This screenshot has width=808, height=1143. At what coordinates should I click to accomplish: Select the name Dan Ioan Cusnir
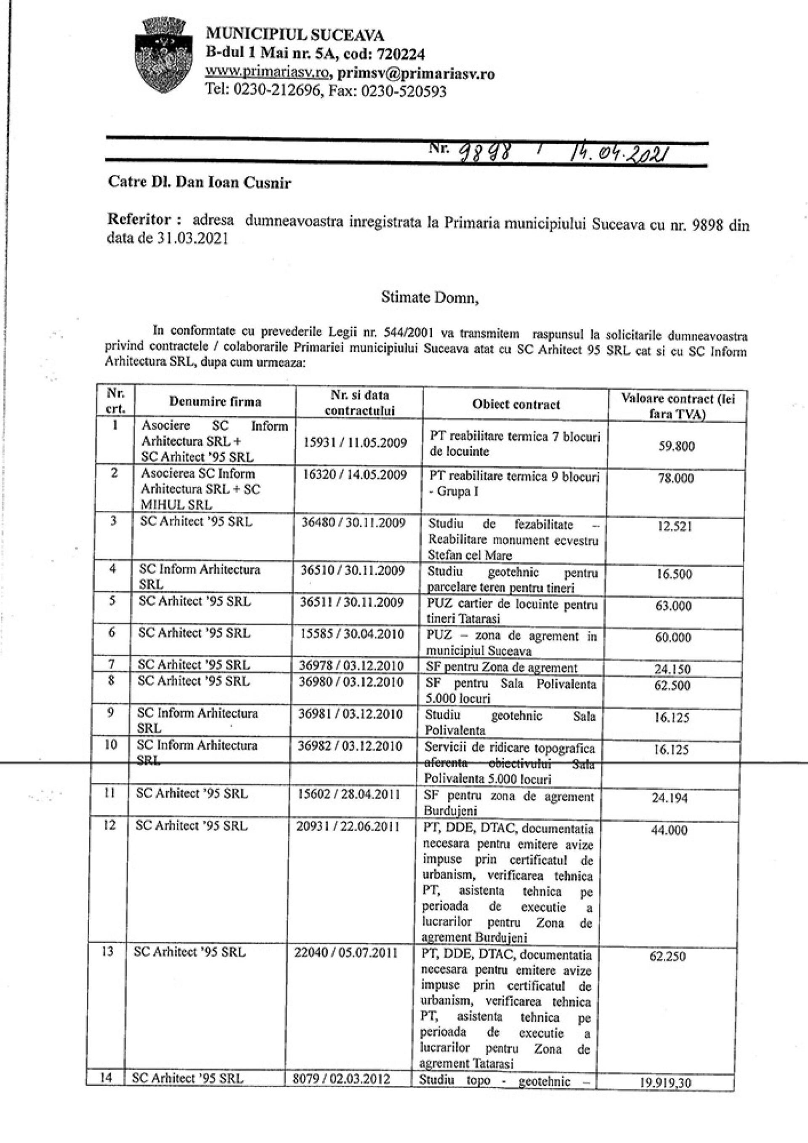click(x=233, y=183)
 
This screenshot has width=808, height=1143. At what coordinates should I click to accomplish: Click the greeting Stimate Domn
click(x=430, y=297)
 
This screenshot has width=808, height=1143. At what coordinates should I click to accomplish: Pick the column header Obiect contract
click(x=516, y=404)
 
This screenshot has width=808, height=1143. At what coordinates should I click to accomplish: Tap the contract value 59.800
click(x=677, y=446)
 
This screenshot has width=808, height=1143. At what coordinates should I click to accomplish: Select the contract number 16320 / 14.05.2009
click(x=355, y=474)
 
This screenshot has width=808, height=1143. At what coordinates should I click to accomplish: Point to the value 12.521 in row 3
click(x=675, y=526)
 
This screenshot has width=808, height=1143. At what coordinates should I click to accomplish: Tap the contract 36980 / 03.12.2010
click(x=351, y=681)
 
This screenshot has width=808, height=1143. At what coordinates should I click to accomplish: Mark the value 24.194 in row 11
click(x=670, y=798)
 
